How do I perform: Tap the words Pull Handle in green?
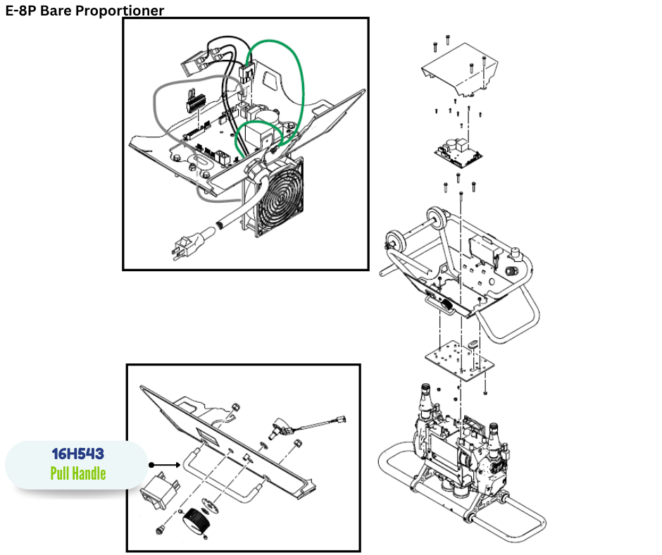[x=77, y=473]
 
